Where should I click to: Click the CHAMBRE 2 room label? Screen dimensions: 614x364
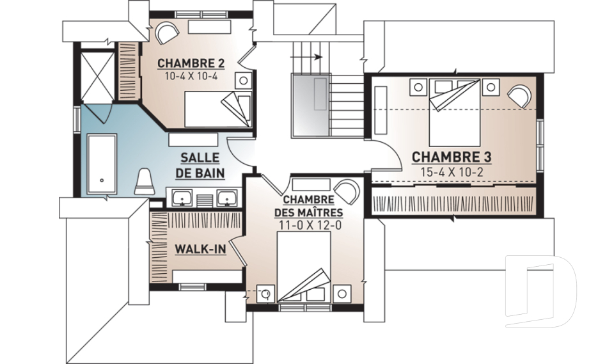[191, 63]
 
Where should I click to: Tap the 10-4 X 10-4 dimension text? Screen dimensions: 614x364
[191, 76]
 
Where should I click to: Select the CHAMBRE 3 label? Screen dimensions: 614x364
[452, 157]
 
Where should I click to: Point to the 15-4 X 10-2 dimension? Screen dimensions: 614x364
[452, 171]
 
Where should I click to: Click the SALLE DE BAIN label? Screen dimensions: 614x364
[200, 165]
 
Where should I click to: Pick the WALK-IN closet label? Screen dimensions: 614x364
[200, 249]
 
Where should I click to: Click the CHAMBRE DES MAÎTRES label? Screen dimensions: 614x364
[308, 207]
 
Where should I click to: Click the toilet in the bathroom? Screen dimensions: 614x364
[145, 182]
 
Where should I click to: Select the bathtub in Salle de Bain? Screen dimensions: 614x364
[102, 164]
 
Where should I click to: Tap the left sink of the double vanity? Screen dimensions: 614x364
[182, 198]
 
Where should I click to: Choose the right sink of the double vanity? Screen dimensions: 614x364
[227, 198]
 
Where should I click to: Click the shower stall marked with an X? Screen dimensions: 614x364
[97, 75]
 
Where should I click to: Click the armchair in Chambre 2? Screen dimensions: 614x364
[167, 33]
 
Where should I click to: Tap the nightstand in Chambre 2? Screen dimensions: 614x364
[244, 81]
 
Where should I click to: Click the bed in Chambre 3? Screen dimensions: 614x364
[454, 113]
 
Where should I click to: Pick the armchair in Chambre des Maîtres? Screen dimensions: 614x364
[348, 191]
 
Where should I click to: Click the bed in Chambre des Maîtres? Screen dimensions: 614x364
[303, 267]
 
